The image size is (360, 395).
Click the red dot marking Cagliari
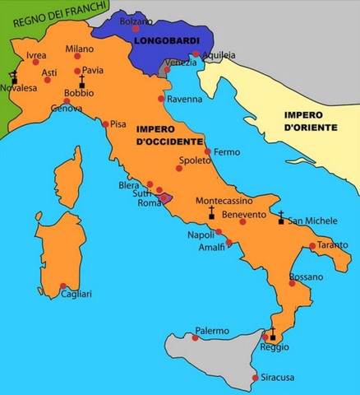tap(63, 286)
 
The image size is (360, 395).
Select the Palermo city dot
tap(195, 337)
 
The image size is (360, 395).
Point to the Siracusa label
tap(277, 378)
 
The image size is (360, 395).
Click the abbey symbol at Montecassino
tap(212, 213)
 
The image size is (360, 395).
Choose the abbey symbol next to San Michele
tap(281, 218)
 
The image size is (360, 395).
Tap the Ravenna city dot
tap(160, 99)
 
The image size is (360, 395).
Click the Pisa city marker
tap(105, 124)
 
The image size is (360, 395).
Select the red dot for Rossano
tap(292, 282)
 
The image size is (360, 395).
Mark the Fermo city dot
tap(207, 152)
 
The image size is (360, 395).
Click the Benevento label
tap(244, 215)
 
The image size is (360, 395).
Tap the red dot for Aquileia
tap(196, 55)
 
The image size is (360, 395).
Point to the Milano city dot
tap(78, 56)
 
